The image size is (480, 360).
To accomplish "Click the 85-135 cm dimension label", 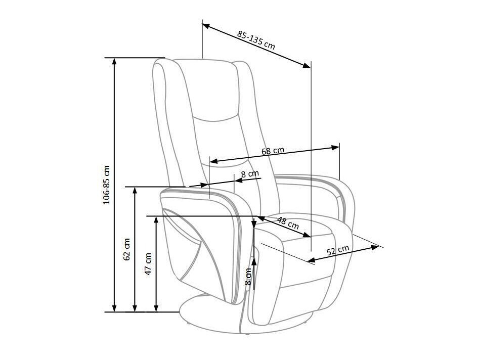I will click(256, 39).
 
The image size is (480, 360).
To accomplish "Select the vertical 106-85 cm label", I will click(106, 185).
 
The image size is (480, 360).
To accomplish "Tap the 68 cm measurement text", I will click(273, 151).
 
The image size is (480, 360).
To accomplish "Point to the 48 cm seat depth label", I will click(288, 223).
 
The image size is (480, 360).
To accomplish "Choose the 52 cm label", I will click(337, 251).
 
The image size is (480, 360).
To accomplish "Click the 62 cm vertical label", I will click(127, 249).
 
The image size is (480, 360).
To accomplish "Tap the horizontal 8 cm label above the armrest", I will click(250, 174).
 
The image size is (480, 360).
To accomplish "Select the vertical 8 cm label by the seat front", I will click(248, 277).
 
